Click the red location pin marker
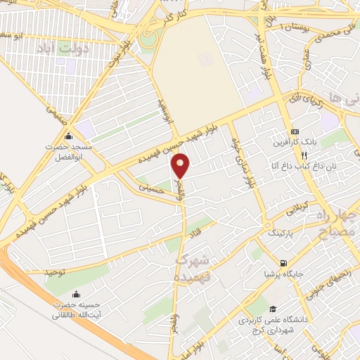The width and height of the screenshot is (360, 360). pos(181,165)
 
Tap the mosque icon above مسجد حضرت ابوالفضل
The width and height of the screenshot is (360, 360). pos(68,136)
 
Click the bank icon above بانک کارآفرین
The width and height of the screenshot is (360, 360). pos(295,131)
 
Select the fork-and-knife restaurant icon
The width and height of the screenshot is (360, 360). pos(304,155)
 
